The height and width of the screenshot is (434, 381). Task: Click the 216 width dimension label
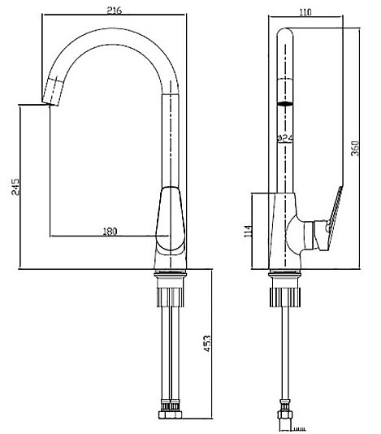pyautogui.click(x=115, y=11)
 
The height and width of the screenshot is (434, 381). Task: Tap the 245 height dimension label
pyautogui.click(x=15, y=187)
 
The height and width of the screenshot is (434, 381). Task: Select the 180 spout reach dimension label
pyautogui.click(x=110, y=231)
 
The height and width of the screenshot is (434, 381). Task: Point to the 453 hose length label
pyautogui.click(x=207, y=344)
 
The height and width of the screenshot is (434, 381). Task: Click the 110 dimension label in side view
pyautogui.click(x=305, y=12)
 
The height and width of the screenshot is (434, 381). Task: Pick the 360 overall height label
pyautogui.click(x=355, y=149)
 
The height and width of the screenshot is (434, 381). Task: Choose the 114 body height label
pyautogui.click(x=249, y=231)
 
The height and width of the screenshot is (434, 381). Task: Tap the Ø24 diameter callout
pyautogui.click(x=284, y=138)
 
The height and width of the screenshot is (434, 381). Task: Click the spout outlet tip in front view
pyautogui.click(x=50, y=103)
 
